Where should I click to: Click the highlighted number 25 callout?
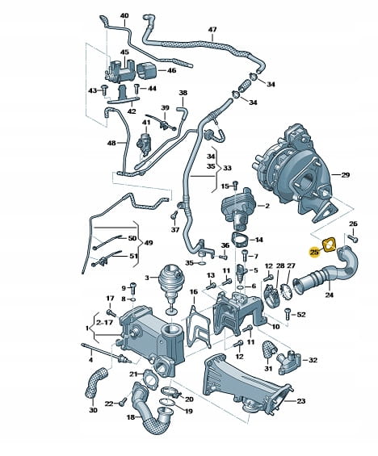[x=314, y=252]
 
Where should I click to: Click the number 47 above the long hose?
[x=212, y=29]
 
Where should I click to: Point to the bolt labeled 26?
[x=353, y=238]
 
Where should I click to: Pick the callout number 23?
[x=300, y=401]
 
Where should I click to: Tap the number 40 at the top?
[x=124, y=15]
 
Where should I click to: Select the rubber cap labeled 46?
[x=146, y=71]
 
